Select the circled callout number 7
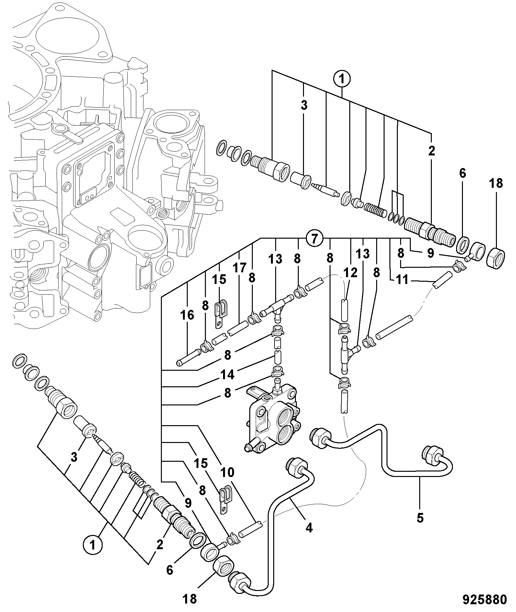pos(314,239)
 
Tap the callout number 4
pos(309,528)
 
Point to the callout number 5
pos(420,518)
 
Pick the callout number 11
pos(402,280)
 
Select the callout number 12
pos(350,273)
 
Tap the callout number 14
pos(227,375)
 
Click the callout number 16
pos(187,315)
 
